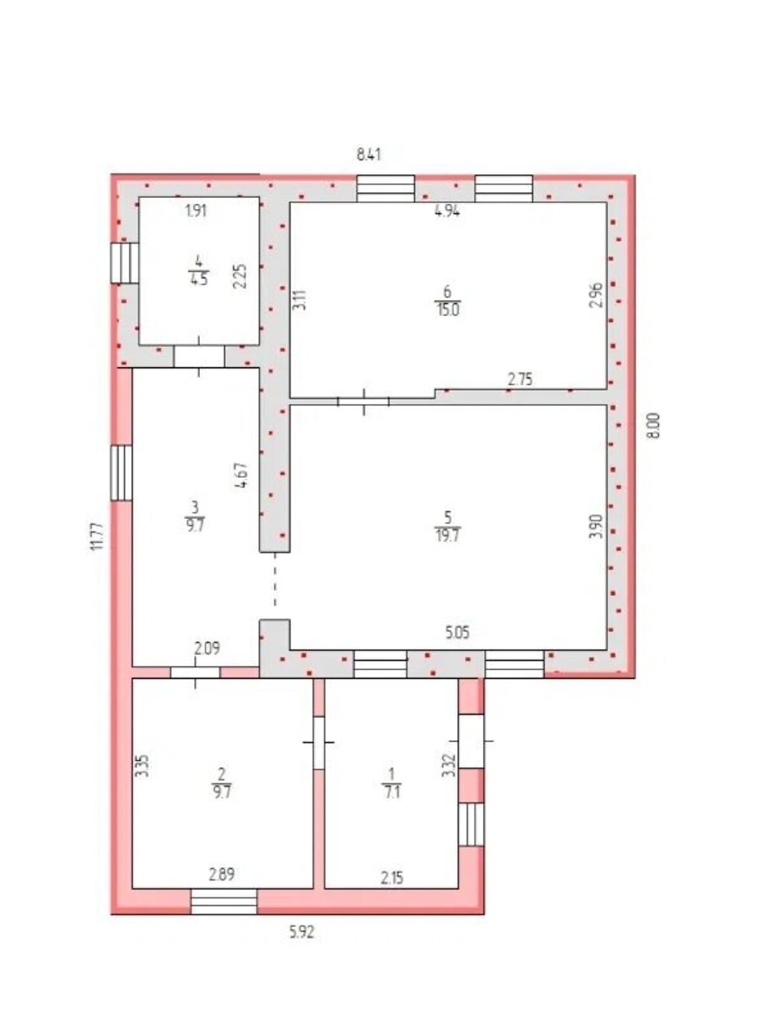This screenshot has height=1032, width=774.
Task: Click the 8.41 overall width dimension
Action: [x=368, y=154]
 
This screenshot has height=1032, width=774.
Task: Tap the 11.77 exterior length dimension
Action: [x=97, y=537]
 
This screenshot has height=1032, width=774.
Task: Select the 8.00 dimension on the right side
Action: [x=653, y=426]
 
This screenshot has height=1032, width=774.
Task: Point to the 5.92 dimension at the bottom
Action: [x=301, y=931]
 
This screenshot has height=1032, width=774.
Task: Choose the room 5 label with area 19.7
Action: [x=448, y=526]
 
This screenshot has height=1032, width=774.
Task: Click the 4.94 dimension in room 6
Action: [x=447, y=211]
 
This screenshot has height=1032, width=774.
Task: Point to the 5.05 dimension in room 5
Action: [x=457, y=632]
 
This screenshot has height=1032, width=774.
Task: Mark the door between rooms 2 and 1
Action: [x=319, y=742]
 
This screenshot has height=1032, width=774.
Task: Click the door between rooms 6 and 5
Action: [x=364, y=402]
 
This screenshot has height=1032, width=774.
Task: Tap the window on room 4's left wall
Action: [x=124, y=263]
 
